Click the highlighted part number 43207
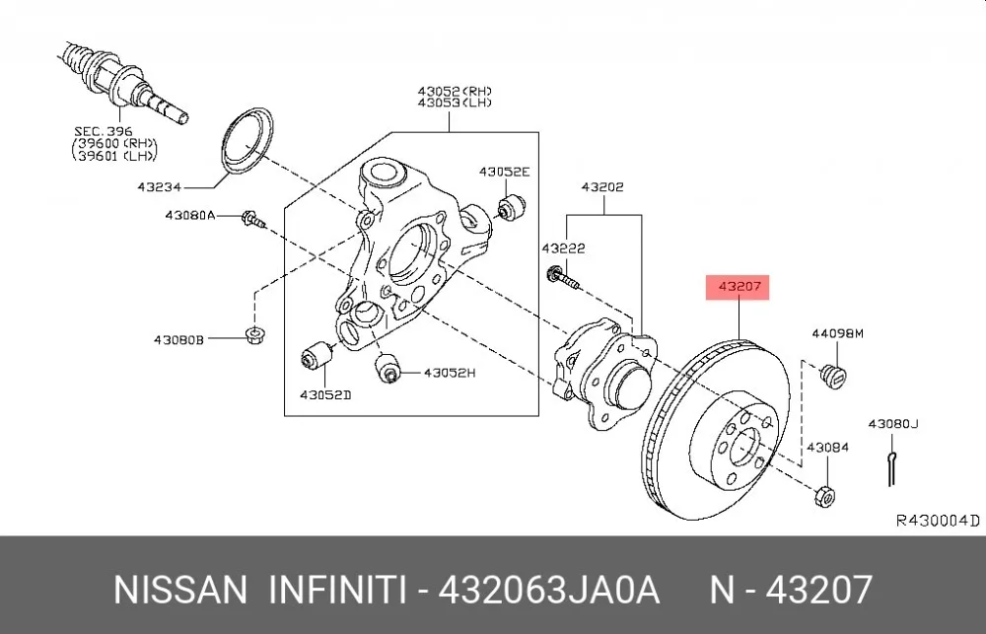[x=739, y=287]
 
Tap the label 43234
[x=159, y=186]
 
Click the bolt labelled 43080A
[x=252, y=220]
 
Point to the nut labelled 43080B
[x=254, y=334]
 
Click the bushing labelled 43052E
[x=511, y=207]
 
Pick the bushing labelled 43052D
[x=317, y=356]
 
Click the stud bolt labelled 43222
[x=563, y=279]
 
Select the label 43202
[x=602, y=186]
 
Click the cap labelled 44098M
[x=834, y=375]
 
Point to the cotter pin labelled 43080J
[x=891, y=468]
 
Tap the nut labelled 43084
[x=824, y=496]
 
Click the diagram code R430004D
[x=938, y=521]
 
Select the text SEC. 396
[x=104, y=131]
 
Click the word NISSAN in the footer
[x=180, y=590]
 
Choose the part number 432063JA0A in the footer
[x=548, y=590]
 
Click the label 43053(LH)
[x=455, y=103]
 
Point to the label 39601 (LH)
[x=115, y=155]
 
